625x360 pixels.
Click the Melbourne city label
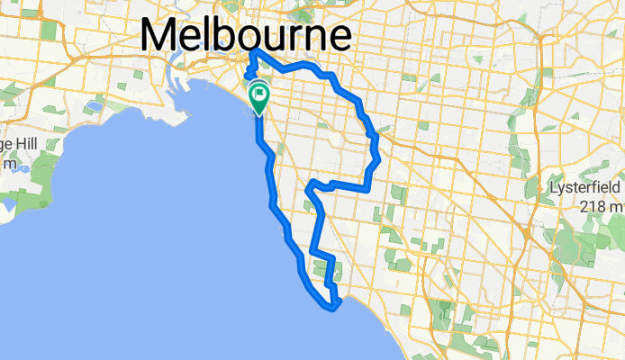tap(245, 36)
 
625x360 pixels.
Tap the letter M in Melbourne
tap(159, 36)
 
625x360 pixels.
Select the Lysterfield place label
tap(586, 188)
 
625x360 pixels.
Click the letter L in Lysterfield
tap(555, 187)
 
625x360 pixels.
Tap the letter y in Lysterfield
tap(564, 190)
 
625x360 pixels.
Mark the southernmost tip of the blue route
tap(334, 310)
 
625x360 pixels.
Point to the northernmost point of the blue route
tap(253, 50)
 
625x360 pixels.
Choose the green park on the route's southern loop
tap(322, 269)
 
